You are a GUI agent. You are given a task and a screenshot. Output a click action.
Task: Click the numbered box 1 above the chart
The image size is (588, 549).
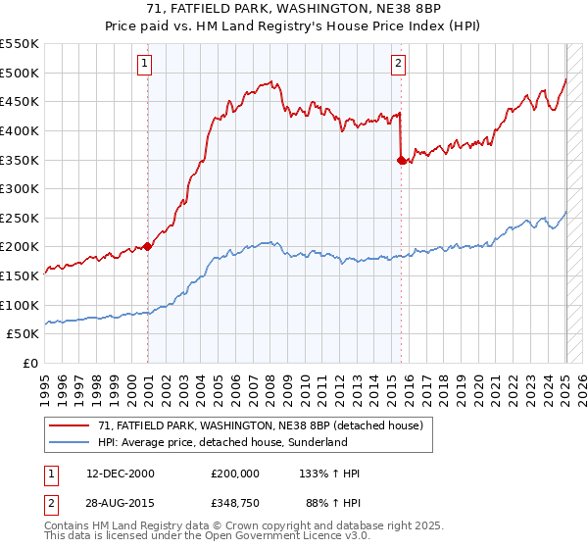144,64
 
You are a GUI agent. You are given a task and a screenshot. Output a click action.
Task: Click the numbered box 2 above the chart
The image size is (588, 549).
399,64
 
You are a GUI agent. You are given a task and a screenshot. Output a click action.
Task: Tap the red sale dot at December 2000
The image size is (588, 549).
148,246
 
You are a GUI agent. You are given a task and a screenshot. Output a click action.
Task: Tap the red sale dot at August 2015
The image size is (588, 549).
401,160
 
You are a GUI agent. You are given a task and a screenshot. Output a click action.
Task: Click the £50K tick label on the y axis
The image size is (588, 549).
24,334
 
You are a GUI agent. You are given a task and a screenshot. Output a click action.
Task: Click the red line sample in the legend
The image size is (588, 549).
69,425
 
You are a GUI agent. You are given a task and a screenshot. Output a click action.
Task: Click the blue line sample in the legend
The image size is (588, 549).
69,442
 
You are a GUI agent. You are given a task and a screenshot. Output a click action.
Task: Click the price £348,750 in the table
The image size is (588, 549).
235,505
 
